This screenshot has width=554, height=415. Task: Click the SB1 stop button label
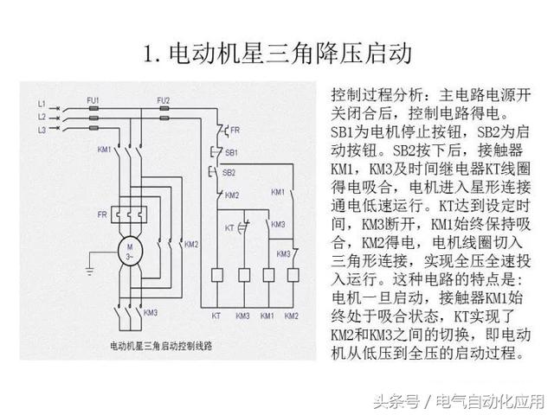coord(231,152)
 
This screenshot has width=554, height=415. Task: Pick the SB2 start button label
coord(230,172)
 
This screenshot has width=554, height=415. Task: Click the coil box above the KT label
coord(217,276)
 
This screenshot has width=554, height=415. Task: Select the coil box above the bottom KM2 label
coord(292,276)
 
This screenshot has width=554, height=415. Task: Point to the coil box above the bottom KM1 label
coord(267,276)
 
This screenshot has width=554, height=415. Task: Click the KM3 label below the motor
coord(150,311)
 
